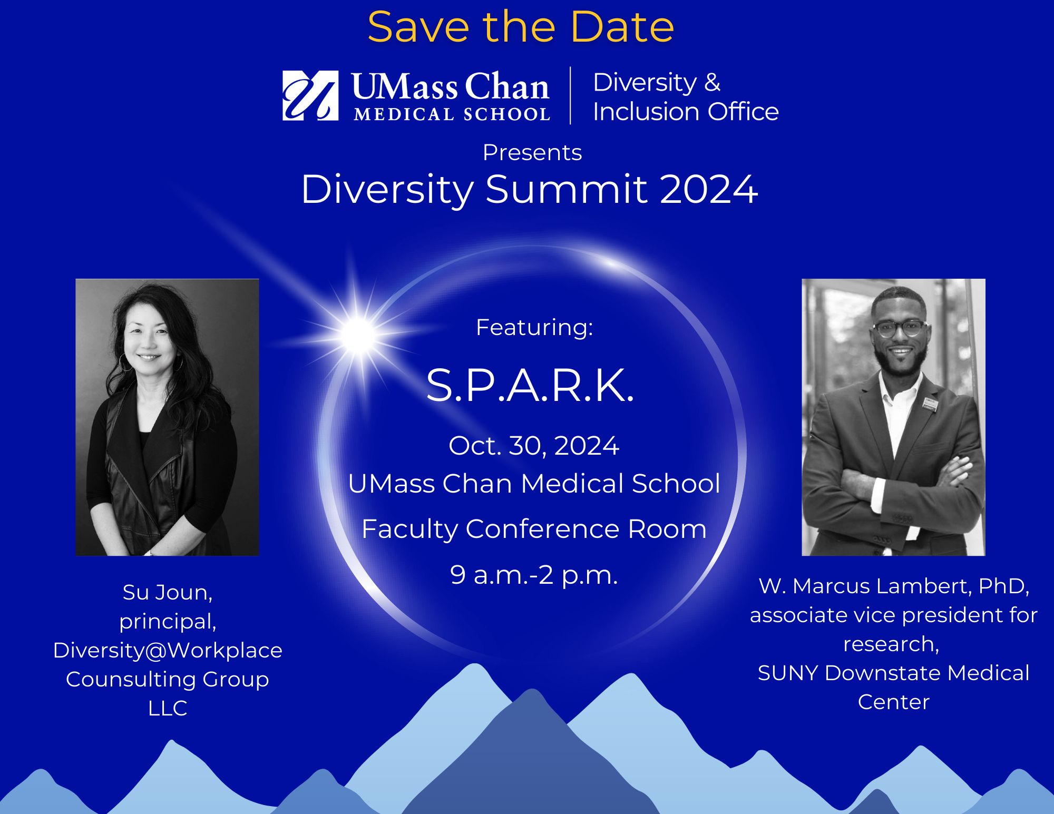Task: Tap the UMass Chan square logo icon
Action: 310,95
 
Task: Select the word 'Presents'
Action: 532,153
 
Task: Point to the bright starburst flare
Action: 358,335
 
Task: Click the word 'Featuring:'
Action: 534,327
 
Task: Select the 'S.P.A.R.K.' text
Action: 530,386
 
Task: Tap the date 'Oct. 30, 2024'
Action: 533,446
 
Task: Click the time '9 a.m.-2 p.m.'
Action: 534,575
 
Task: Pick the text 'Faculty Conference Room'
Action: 534,529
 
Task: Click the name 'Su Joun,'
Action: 168,593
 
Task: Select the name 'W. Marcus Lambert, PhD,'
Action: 894,586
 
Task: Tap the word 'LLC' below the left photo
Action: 168,708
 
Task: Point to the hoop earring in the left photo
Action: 125,362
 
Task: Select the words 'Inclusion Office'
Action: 686,112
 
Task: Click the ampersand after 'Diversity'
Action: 712,82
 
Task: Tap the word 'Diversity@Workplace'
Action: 168,651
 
